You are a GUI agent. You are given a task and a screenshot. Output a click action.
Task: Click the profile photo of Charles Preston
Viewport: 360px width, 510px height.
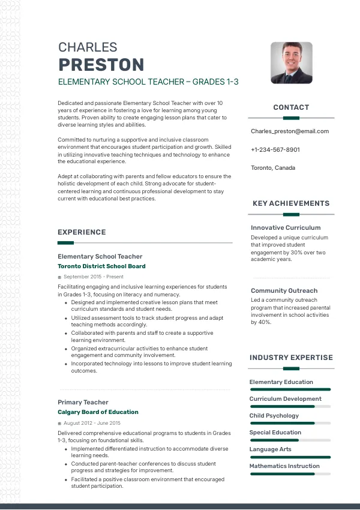point(292,62)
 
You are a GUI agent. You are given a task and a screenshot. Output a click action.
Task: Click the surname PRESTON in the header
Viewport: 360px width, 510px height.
point(101,65)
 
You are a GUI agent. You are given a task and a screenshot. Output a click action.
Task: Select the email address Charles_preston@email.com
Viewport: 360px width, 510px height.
point(290,131)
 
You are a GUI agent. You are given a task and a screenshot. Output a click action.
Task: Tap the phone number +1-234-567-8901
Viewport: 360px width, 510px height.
point(275,149)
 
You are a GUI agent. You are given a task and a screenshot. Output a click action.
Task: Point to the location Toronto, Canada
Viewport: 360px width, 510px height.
point(273,168)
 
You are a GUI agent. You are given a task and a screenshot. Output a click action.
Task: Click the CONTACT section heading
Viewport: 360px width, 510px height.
point(291,107)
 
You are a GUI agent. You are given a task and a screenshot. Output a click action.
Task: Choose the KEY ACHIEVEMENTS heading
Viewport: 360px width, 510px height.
point(291,203)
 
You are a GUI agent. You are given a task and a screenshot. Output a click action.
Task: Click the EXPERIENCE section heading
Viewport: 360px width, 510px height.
point(82,232)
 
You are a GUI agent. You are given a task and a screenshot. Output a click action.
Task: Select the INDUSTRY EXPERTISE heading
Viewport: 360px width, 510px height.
point(291,358)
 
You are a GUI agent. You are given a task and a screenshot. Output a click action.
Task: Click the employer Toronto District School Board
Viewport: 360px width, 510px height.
point(101,266)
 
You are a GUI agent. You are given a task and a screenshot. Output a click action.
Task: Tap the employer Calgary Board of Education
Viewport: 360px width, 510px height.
point(98,412)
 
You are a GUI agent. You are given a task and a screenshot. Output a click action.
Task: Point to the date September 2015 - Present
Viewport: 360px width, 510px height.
point(93,277)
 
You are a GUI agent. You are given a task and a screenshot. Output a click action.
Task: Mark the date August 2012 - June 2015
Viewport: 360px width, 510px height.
point(92,423)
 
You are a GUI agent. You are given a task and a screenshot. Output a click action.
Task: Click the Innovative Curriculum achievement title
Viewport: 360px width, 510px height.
point(286,228)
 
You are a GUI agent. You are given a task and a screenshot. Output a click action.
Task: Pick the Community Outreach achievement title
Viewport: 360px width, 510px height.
point(284,291)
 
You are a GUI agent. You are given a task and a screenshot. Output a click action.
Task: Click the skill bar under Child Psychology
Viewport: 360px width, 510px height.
point(290,423)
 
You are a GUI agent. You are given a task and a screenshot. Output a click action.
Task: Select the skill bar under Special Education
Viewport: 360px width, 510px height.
point(290,440)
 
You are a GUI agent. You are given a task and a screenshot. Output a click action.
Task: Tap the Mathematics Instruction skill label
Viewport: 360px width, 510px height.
point(284,466)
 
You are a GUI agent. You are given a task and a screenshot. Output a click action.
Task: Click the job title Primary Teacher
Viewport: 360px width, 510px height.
point(83,402)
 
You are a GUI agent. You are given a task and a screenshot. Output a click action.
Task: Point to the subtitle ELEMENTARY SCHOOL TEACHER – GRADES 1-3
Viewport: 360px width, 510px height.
point(148,82)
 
